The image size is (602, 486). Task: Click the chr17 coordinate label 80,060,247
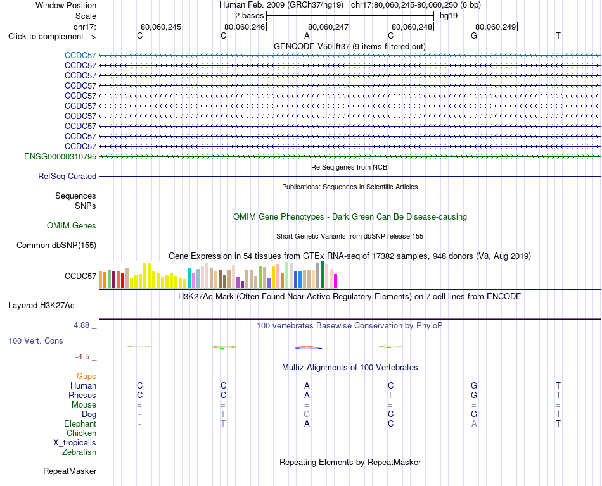point(328,27)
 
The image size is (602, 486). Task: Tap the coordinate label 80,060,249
point(496,27)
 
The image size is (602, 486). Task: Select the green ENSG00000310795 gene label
point(60,156)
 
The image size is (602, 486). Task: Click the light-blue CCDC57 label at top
point(80,55)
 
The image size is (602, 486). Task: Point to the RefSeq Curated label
point(67,177)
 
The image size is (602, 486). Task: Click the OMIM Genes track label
point(72,225)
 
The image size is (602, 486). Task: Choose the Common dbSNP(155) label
point(56,246)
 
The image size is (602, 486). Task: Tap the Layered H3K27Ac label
point(41,306)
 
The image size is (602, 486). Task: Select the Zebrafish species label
point(79,452)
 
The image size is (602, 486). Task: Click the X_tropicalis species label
point(75,443)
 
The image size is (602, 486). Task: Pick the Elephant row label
point(80,423)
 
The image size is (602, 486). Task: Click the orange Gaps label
point(86,376)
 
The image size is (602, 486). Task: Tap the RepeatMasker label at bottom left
point(70,471)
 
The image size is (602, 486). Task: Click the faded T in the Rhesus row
point(390,395)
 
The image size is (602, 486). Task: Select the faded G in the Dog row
point(307,414)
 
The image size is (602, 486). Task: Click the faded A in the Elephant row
point(474,424)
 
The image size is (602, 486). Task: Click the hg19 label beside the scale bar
point(449,16)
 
